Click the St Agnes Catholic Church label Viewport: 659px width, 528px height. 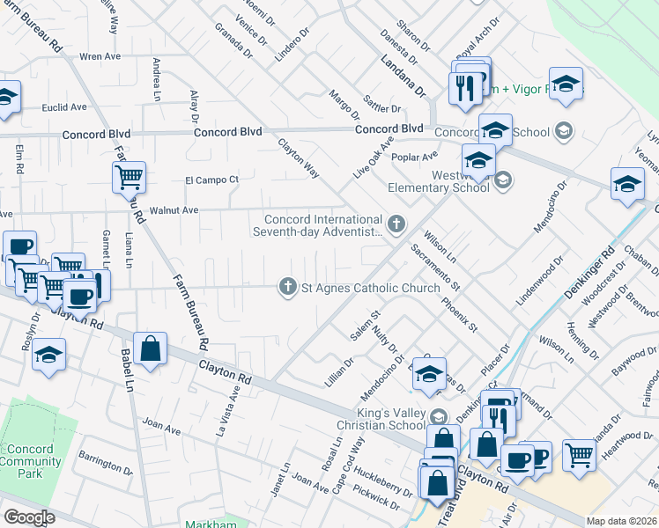(x=370, y=288)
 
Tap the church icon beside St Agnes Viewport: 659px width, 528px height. (x=286, y=287)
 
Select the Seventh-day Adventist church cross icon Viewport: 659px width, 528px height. (x=396, y=224)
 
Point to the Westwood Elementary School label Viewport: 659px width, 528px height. (x=439, y=180)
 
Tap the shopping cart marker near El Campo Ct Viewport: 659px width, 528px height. (x=129, y=177)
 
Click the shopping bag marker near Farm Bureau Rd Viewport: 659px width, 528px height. (x=152, y=347)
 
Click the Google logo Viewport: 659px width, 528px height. (x=29, y=517)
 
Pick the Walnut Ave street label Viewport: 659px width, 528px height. (x=174, y=210)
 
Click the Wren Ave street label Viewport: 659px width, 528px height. (x=100, y=56)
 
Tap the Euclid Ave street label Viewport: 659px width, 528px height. (x=64, y=107)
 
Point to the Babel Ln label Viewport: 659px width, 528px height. (x=126, y=369)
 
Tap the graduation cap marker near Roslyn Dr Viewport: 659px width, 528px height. (x=49, y=356)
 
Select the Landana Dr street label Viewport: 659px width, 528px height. (x=403, y=77)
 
